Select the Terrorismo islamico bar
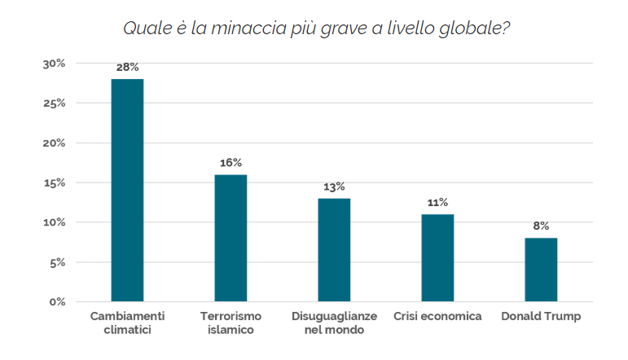point(231,238)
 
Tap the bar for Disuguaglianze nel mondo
point(334,250)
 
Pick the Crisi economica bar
point(437,257)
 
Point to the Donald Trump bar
point(541,270)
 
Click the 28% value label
point(128,67)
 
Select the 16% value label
point(231,163)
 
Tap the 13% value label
point(334,187)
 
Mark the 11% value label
point(437,203)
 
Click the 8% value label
point(541,226)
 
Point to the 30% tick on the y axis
point(53,64)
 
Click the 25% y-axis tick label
point(53,103)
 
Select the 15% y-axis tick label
point(53,183)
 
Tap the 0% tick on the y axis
point(56,302)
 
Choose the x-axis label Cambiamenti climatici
point(128,323)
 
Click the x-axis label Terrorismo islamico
point(231,323)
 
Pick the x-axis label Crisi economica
point(437,316)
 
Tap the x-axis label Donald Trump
point(541,316)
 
